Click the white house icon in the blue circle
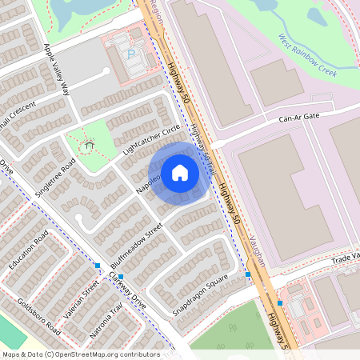pyautogui.click(x=180, y=173)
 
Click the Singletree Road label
pyautogui.click(x=55, y=175)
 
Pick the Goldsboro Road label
pyautogui.click(x=38, y=316)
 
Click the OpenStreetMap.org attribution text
pyautogui.click(x=104, y=354)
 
